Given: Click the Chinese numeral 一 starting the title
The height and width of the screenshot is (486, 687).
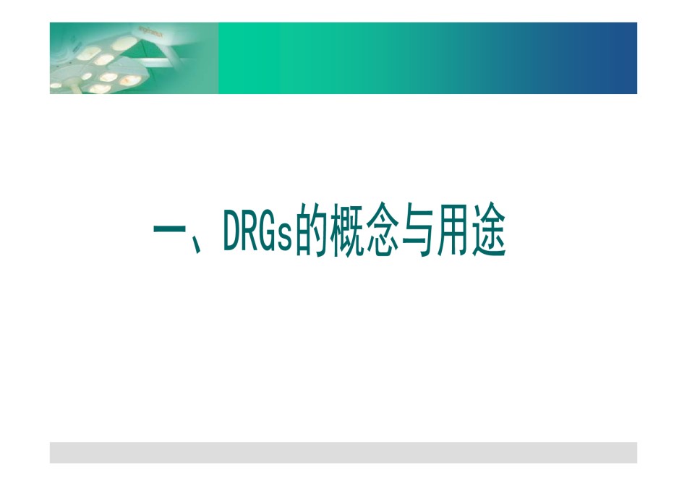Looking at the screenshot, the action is point(169,229).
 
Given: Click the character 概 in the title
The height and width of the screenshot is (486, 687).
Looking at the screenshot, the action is point(347,229).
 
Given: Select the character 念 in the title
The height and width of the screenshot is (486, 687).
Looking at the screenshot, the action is point(383,229).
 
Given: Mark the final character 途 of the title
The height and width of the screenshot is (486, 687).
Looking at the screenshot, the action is point(489,229).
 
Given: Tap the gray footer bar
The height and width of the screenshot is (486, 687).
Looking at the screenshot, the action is point(343,452).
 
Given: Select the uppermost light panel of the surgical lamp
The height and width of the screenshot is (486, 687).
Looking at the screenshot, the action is point(124,43).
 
